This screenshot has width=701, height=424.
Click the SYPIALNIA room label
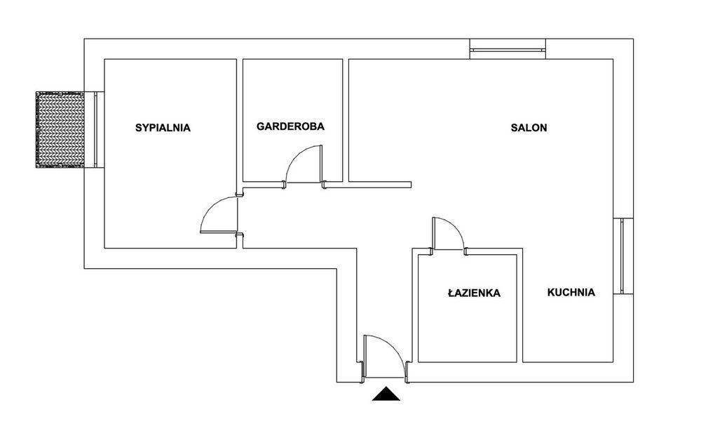point(163,128)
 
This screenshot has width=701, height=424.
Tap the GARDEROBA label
point(290,126)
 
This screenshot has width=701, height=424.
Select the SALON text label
point(529,128)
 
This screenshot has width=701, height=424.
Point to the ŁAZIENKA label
point(474,293)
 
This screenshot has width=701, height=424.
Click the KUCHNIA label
point(571,292)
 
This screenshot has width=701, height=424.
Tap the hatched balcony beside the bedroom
point(60,129)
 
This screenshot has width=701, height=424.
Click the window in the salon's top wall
point(508,49)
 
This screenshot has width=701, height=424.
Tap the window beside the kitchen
point(622,256)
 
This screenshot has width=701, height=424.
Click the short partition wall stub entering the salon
point(379,184)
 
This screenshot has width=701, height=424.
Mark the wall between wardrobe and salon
point(346,120)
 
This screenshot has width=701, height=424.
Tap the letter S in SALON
point(514,128)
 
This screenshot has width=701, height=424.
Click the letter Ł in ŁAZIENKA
point(451,293)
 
